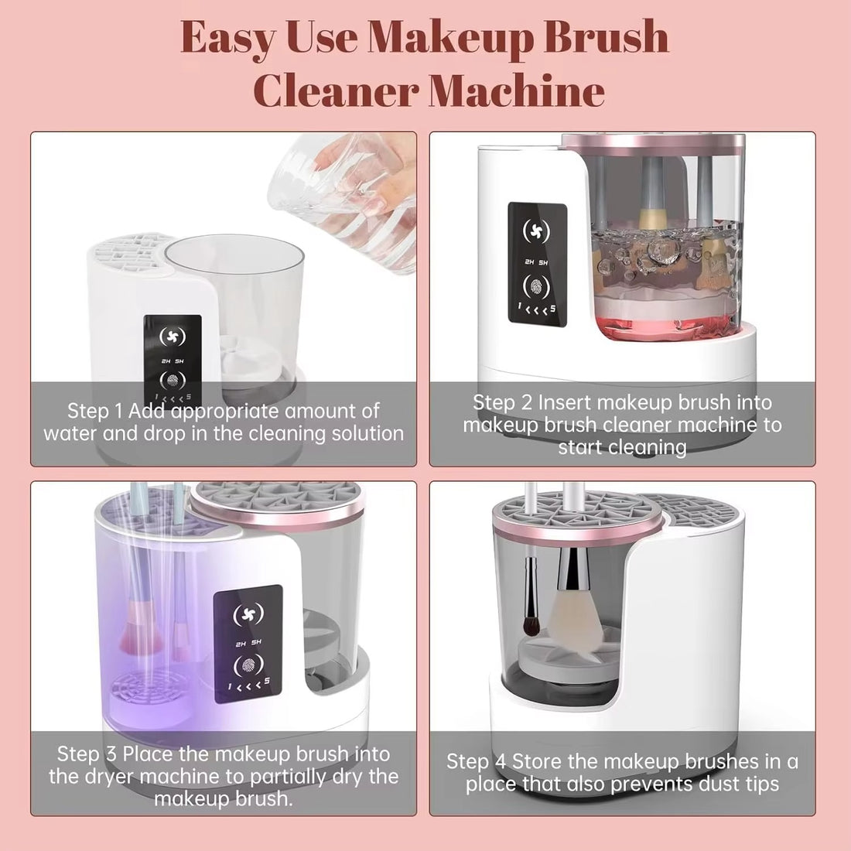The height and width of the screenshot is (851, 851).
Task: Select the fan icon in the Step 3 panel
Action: (x=248, y=613)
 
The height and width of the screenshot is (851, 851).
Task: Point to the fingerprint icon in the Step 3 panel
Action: (x=248, y=665)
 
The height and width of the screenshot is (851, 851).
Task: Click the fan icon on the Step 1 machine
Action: (x=172, y=337)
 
